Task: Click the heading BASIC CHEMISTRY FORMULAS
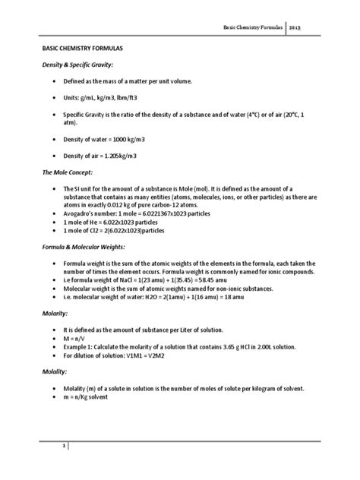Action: pos(77,47)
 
